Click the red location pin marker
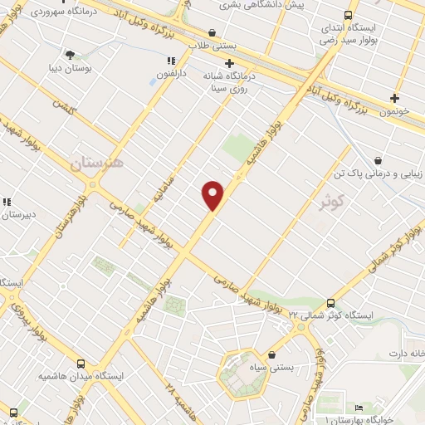pos(213,194)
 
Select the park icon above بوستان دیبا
pos(70,55)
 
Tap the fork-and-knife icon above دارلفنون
pos(172,61)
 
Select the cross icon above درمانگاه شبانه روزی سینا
pos(230,63)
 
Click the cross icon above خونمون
pos(394,98)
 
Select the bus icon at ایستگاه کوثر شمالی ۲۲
pos(330,304)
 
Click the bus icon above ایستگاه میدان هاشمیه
pos(80,364)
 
